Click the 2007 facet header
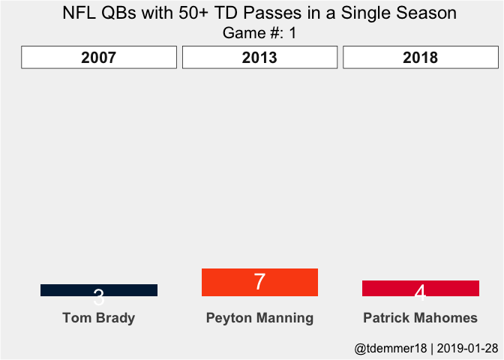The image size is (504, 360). click(99, 58)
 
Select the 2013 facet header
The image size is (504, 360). click(259, 58)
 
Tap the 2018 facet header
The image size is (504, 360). click(420, 58)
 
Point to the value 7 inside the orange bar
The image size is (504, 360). click(259, 282)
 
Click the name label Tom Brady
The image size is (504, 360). click(99, 318)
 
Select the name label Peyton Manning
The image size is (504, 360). click(259, 318)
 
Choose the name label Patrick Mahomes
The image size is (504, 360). click(420, 318)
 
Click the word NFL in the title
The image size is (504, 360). click(79, 13)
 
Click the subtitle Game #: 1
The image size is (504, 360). click(259, 33)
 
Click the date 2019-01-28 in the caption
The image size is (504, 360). click(468, 348)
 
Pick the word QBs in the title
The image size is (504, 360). click(118, 13)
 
